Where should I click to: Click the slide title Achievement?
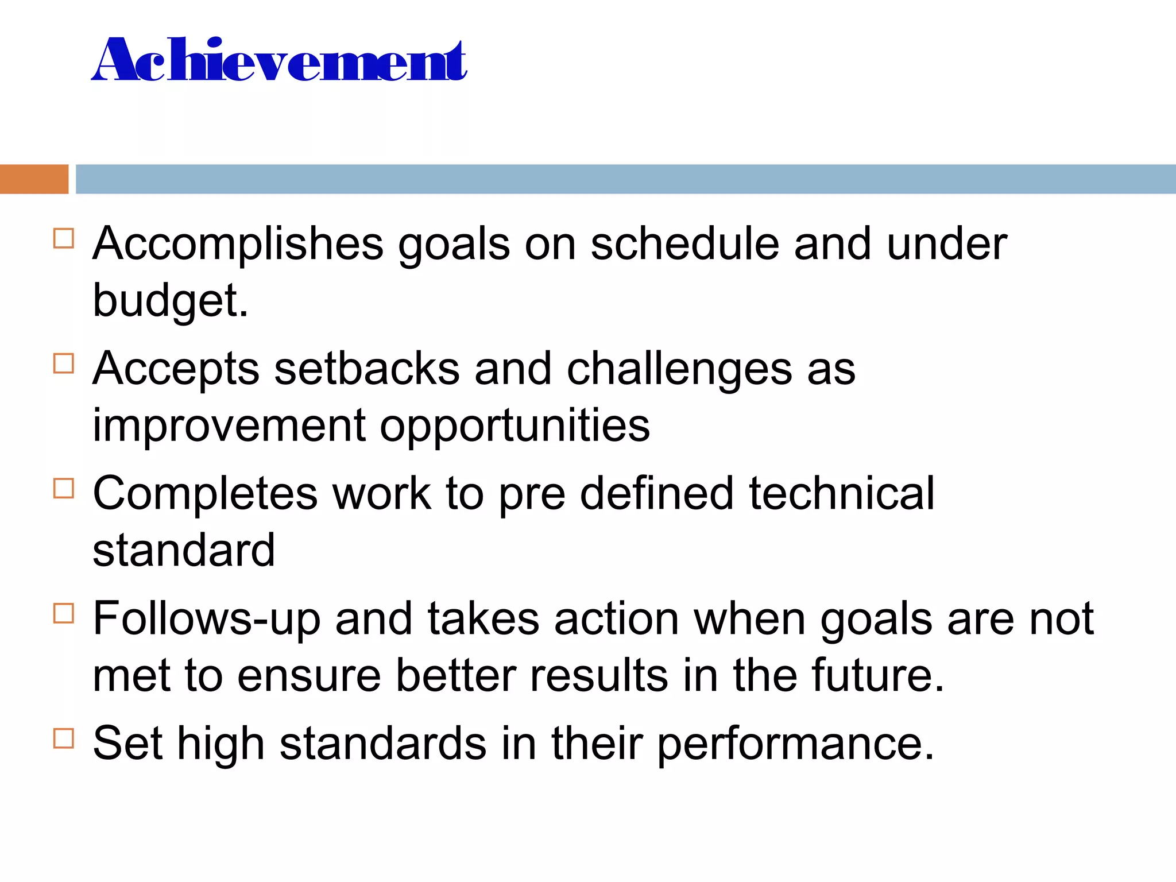279,60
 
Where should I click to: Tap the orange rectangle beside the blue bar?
34,179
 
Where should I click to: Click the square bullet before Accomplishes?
64,238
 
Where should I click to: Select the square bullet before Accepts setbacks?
64,363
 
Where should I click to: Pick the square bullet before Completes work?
64,489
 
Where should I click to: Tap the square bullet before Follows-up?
64,613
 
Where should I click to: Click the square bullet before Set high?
64,738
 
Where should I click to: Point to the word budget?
170,301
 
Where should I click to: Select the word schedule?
684,243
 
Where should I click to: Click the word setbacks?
367,369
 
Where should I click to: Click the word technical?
842,493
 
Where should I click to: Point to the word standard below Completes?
184,550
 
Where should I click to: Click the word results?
599,675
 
